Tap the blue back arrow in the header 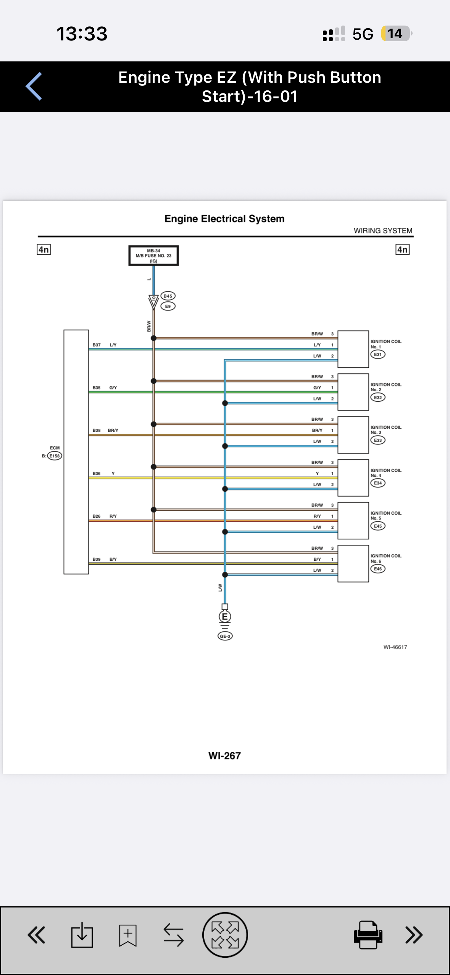click(34, 86)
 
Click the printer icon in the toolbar click(368, 935)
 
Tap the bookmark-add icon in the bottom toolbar click(128, 935)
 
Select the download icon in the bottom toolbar click(82, 935)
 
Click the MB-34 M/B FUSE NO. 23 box click(153, 256)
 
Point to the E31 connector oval click(378, 354)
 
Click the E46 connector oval click(378, 569)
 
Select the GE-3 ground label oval click(225, 636)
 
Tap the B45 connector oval click(168, 296)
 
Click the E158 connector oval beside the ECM click(55, 456)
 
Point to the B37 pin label click(97, 345)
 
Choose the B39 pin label click(97, 559)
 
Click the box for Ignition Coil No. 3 click(353, 435)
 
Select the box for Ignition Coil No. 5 click(353, 521)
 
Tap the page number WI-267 click(224, 756)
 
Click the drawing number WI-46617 click(395, 647)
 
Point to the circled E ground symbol click(225, 616)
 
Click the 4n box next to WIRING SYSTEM click(402, 249)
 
